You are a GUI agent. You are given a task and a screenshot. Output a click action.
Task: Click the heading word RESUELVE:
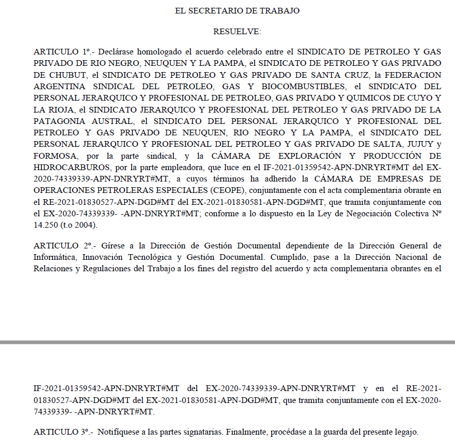pos(237,32)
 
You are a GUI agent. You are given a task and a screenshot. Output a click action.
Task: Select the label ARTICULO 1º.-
pos(64,52)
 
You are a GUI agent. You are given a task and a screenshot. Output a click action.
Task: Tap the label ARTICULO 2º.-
pos(64,245)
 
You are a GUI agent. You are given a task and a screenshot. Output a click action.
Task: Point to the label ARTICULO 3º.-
pos(64,432)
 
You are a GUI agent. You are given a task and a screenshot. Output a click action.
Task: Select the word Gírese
pos(112,245)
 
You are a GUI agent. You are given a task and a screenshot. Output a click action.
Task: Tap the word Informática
pos(54,257)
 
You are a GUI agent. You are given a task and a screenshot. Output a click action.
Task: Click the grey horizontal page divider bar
pos(227,342)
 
